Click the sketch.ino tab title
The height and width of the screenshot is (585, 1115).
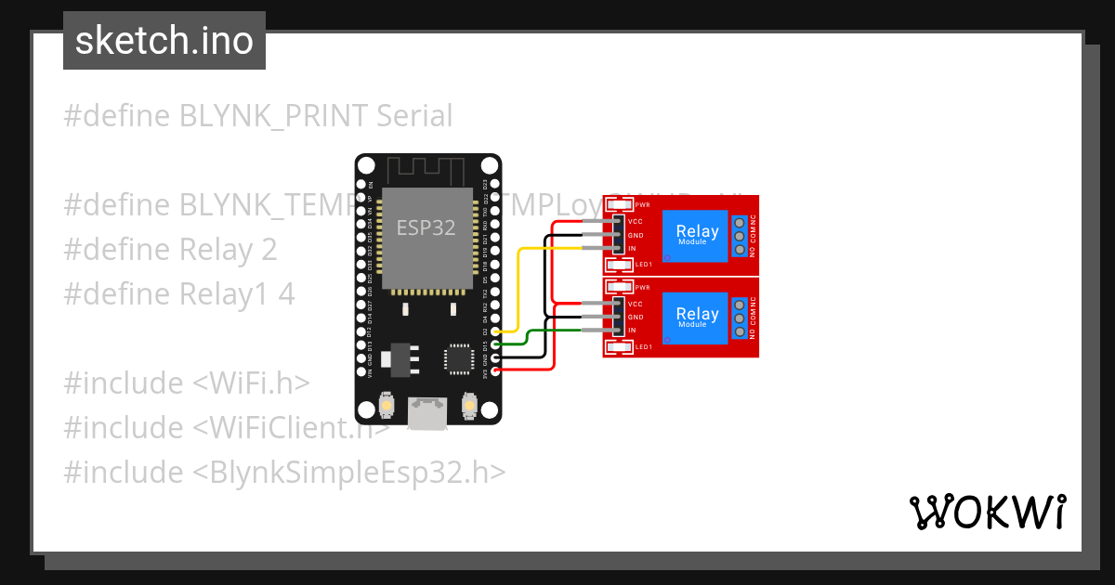164,41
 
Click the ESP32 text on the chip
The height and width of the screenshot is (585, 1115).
426,227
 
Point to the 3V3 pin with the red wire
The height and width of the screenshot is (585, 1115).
496,370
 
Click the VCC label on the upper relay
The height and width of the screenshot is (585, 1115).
636,222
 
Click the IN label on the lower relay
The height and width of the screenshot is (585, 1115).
632,331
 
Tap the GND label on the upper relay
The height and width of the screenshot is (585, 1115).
636,235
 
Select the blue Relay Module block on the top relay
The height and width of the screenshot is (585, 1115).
697,234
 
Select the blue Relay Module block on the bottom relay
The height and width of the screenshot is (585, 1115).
697,317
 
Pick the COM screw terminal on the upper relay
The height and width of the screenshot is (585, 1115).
740,236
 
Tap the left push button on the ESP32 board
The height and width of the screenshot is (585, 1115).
387,406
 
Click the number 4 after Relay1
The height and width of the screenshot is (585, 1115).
286,294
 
